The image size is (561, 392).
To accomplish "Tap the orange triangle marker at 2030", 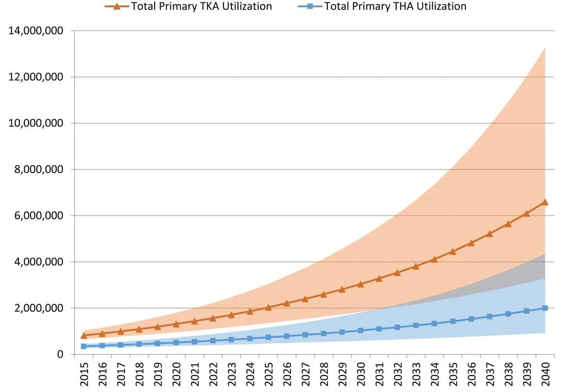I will pyautogui.click(x=360, y=284).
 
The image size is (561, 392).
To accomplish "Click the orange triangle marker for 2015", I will pyautogui.click(x=84, y=335).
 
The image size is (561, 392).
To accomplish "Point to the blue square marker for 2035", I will pyautogui.click(x=453, y=321).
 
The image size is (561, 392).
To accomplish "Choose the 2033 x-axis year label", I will pyautogui.click(x=416, y=374).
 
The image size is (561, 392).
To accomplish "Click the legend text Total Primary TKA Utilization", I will pyautogui.click(x=201, y=7).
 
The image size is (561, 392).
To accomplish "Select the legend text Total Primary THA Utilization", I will pyautogui.click(x=395, y=7).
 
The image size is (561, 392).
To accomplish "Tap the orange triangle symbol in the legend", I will pyautogui.click(x=117, y=6).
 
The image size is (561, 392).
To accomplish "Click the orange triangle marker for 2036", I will pyautogui.click(x=471, y=243).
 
